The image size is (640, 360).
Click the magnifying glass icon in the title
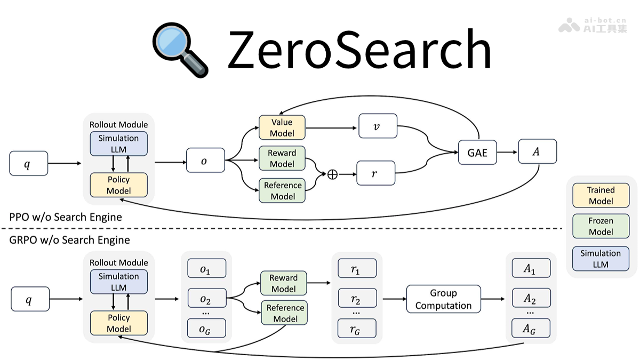[179, 50]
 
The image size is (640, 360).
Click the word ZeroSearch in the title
[358, 49]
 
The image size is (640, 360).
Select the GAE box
[477, 153]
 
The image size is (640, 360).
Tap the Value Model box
[282, 128]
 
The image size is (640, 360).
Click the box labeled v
[378, 127]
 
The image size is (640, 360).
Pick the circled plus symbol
[332, 174]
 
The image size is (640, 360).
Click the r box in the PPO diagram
[375, 173]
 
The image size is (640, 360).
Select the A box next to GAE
[537, 151]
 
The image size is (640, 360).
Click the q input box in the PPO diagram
[28, 163]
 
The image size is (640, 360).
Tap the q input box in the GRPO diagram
[30, 299]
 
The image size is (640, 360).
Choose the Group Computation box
[443, 299]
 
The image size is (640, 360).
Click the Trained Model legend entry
[601, 195]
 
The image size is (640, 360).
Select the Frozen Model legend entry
[601, 226]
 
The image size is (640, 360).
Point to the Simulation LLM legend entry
[601, 259]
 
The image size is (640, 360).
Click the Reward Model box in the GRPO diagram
[283, 283]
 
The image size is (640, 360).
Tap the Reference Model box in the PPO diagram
[283, 190]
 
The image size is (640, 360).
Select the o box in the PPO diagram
[205, 160]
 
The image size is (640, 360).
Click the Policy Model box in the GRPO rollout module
[118, 323]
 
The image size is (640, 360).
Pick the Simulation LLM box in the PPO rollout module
[118, 143]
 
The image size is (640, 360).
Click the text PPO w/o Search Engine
[66, 217]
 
